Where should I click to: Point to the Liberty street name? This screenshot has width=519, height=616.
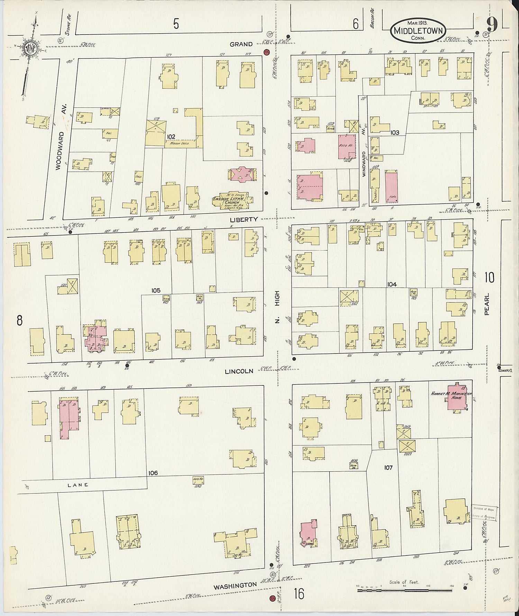click(x=244, y=220)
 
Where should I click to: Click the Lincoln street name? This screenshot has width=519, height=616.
click(x=239, y=371)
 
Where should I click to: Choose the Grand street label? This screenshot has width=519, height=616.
click(x=241, y=44)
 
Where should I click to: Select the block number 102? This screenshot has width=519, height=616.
click(x=171, y=136)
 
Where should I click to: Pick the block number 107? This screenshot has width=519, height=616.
click(x=388, y=467)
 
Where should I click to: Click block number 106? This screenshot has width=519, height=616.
click(x=153, y=473)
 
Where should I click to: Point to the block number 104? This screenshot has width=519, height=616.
click(x=392, y=284)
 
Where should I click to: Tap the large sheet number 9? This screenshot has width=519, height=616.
click(x=492, y=24)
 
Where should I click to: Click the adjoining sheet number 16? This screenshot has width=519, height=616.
click(x=299, y=594)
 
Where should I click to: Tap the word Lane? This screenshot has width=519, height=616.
click(x=78, y=485)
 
